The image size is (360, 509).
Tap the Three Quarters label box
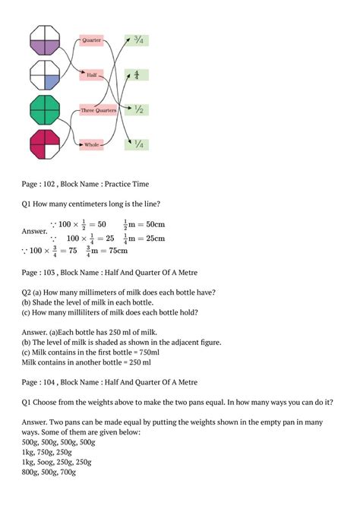pos(99,110)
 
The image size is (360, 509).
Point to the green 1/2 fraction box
pos(137,109)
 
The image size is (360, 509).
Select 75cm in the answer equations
pos(113,251)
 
